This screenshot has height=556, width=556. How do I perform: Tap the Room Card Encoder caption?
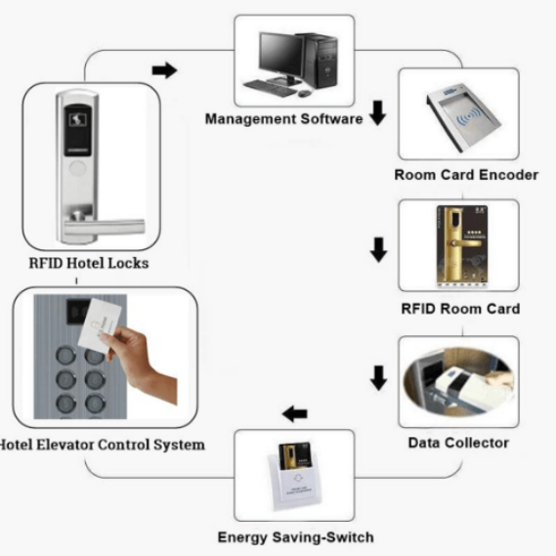[x=465, y=175]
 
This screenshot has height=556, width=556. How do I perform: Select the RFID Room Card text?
[x=460, y=309]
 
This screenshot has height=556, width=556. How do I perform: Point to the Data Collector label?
[x=457, y=443]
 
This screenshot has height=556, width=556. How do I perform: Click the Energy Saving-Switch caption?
[x=295, y=536]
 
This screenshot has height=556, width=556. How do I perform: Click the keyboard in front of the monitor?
[x=270, y=87]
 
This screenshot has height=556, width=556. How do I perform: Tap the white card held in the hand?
[x=101, y=322]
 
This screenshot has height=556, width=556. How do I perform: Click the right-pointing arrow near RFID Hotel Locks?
[x=166, y=70]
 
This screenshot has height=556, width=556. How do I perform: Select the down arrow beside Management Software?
[x=377, y=114]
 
